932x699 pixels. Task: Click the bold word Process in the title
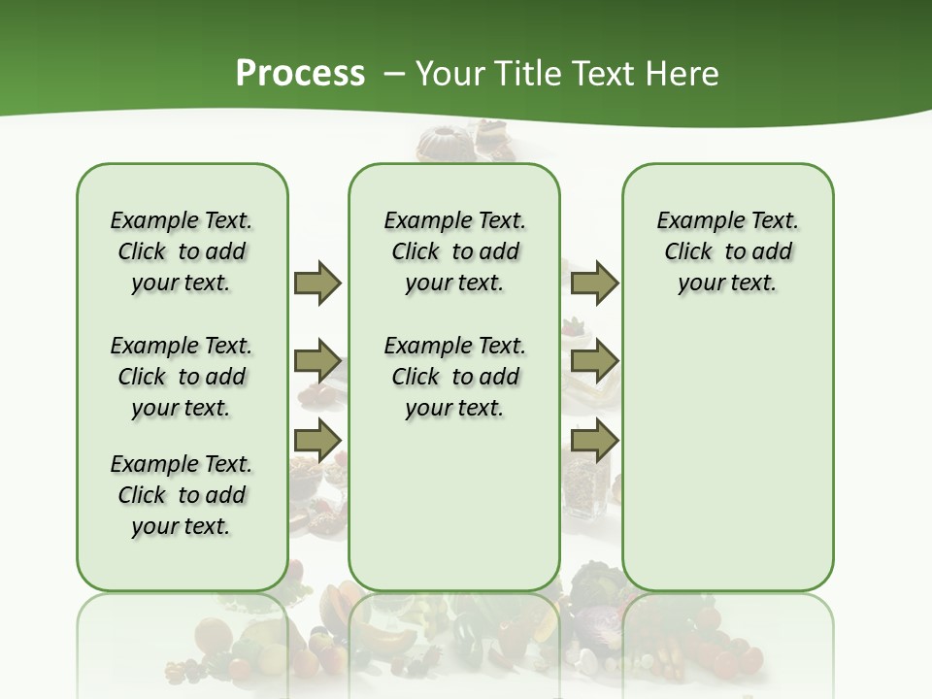coord(300,74)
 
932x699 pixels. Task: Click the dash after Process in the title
coord(393,74)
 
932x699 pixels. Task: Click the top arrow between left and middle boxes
coord(317,283)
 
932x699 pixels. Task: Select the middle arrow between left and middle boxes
coord(317,361)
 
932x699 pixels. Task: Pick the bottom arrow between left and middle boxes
coord(317,440)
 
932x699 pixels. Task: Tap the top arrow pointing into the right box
coord(594,283)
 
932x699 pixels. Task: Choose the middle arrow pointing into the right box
coord(594,361)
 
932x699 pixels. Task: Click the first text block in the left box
coord(182,251)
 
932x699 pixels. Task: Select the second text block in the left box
coord(182,377)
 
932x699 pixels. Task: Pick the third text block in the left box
coord(182,495)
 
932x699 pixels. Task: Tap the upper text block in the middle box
coord(454,251)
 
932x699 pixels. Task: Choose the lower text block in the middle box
coord(454,377)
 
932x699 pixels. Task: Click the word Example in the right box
coord(692,220)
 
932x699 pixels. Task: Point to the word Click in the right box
coord(688,251)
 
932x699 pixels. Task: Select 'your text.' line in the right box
coord(727,283)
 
